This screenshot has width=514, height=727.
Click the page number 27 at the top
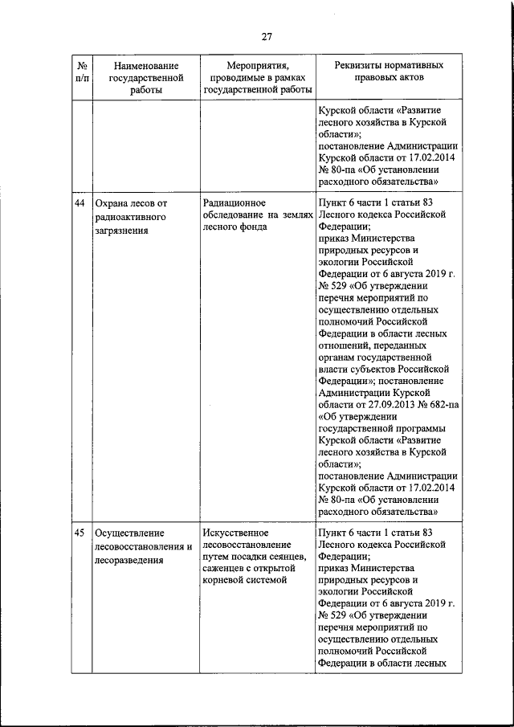tap(267, 35)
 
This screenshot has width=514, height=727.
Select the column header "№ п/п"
tap(80, 71)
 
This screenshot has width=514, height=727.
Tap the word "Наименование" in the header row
tap(145, 64)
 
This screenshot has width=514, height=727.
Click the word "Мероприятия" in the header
tap(257, 64)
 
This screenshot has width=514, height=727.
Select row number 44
tap(80, 203)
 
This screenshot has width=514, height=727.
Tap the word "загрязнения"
tap(123, 230)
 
